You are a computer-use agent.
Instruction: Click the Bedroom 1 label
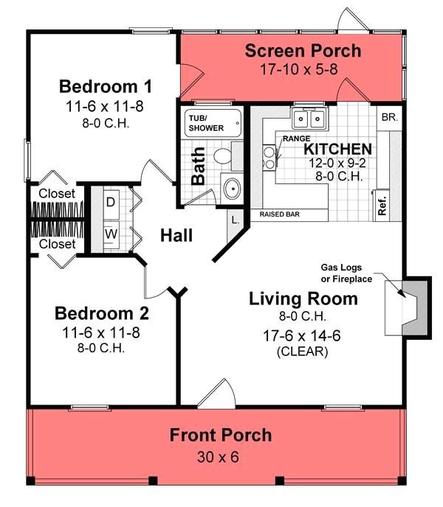[106, 85]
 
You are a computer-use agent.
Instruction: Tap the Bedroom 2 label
[102, 313]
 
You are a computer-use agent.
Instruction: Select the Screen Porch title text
[303, 51]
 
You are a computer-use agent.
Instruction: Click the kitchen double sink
[309, 119]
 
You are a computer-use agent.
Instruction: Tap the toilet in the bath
[221, 155]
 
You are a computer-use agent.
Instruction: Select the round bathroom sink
[232, 187]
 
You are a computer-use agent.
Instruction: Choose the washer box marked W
[110, 235]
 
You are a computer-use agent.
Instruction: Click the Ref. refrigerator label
[382, 203]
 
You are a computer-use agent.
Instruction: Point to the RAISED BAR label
[284, 215]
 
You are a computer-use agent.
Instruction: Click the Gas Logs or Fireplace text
[346, 273]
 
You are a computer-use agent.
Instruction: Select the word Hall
[176, 236]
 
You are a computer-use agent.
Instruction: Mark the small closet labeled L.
[234, 220]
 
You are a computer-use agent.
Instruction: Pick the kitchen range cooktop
[269, 155]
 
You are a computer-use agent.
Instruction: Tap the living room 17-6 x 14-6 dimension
[302, 335]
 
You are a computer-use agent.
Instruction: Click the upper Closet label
[57, 194]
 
